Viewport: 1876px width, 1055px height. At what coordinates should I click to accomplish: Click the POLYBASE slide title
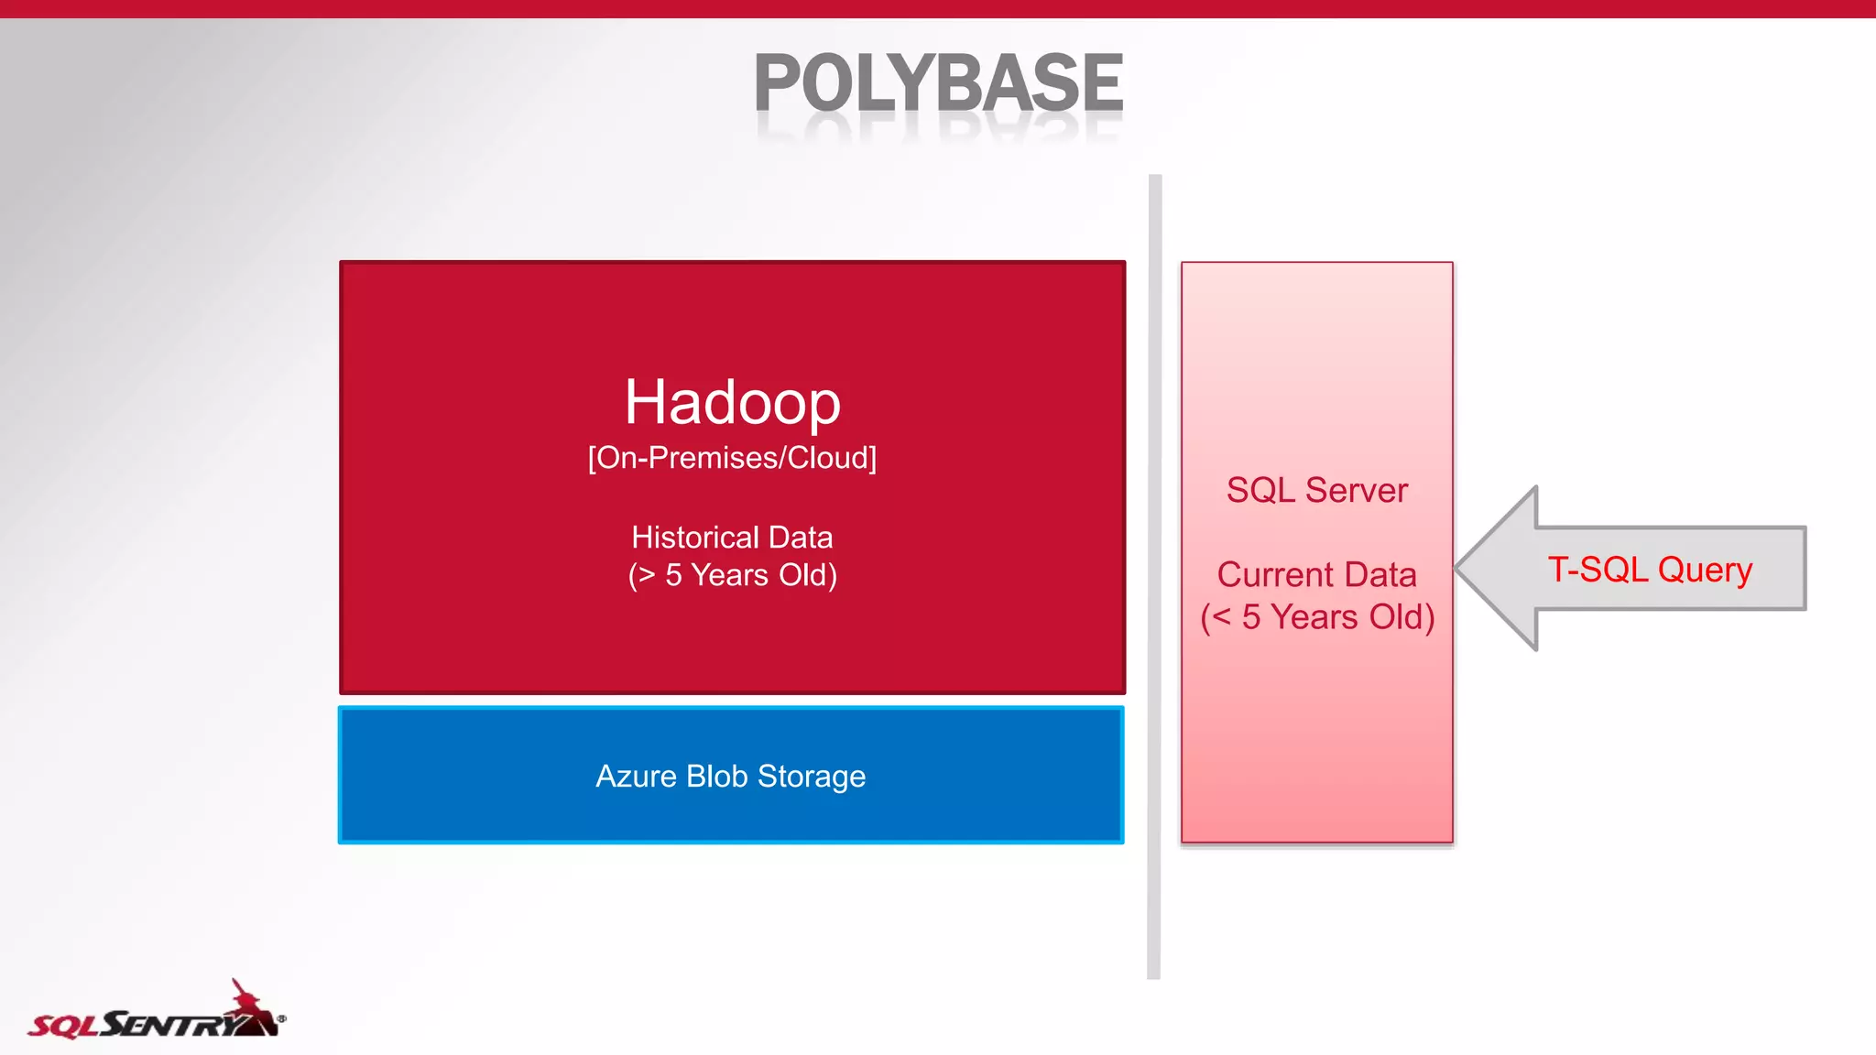pyautogui.click(x=938, y=84)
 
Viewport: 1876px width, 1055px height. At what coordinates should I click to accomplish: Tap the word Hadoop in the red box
pyautogui.click(x=732, y=402)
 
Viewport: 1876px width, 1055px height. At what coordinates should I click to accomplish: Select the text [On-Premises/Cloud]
pyautogui.click(x=732, y=458)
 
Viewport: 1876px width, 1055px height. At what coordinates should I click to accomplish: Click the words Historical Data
pyautogui.click(x=732, y=538)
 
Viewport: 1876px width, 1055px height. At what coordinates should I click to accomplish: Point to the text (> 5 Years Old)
pyautogui.click(x=732, y=575)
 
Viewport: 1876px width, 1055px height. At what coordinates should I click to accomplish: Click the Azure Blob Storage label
pyautogui.click(x=730, y=777)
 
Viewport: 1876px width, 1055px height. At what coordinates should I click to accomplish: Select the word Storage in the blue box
pyautogui.click(x=811, y=777)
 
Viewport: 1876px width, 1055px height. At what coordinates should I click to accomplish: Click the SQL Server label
pyautogui.click(x=1316, y=491)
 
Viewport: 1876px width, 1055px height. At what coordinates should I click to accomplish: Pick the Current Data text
pyautogui.click(x=1316, y=575)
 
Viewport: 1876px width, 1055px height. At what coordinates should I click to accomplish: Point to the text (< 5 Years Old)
pyautogui.click(x=1316, y=617)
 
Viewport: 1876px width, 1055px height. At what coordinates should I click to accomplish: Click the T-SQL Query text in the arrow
pyautogui.click(x=1650, y=570)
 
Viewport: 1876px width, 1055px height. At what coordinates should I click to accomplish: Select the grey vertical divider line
pyautogui.click(x=1154, y=577)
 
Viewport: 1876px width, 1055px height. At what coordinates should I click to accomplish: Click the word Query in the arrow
pyautogui.click(x=1705, y=570)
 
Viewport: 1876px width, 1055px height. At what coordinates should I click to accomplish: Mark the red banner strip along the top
pyautogui.click(x=938, y=8)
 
